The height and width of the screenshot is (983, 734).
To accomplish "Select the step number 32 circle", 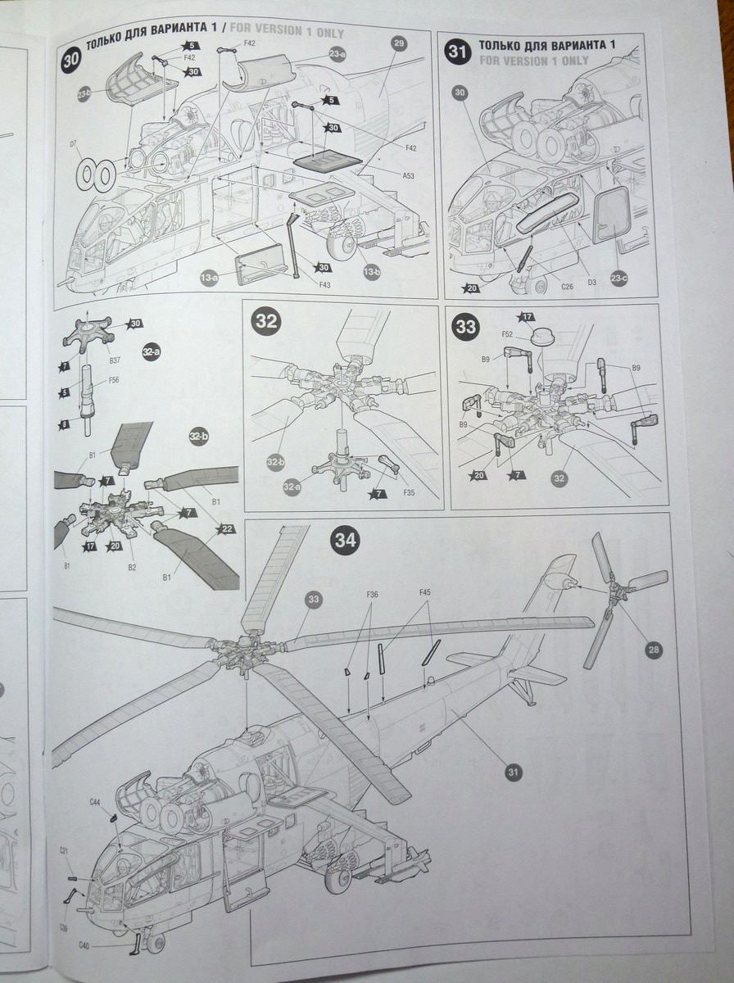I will point(266,322).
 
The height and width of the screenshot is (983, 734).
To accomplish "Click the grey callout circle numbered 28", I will point(653,650).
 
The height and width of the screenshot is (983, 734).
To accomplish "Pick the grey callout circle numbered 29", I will point(399,44).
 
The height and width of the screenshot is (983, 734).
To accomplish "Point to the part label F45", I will point(425,591).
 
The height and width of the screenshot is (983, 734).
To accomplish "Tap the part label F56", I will point(113,380).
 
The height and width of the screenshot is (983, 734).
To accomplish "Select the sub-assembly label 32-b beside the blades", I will point(198,436).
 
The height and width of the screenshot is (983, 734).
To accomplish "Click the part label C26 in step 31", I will point(567,286).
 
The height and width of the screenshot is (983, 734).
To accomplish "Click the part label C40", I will point(84,945).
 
